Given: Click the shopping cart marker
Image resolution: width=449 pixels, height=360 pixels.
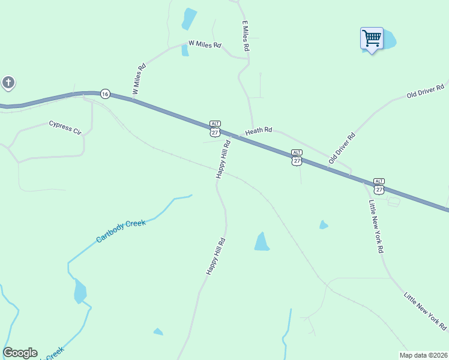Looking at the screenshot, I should point(372,39).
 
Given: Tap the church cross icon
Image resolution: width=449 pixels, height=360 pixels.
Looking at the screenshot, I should point(8,82).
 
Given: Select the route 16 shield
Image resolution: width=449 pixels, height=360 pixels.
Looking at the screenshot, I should point(105,94).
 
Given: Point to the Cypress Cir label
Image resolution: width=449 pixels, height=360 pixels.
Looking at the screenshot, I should point(65,127).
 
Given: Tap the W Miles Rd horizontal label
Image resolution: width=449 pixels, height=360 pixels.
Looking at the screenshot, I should point(205,44).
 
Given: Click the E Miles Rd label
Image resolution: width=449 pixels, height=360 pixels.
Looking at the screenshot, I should point(246,35).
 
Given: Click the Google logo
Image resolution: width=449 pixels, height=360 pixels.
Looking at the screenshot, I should point(20,353).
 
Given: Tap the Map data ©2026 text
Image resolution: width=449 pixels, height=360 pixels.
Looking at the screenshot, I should point(423,355).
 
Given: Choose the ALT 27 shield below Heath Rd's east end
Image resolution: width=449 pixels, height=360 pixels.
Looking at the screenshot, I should point(297,157).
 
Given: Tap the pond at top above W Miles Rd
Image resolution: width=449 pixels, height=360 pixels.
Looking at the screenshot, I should point(189,19).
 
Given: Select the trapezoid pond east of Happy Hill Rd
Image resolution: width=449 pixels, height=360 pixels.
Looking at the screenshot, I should point(262,241).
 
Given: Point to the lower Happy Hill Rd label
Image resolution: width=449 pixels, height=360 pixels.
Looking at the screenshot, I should point(215,256).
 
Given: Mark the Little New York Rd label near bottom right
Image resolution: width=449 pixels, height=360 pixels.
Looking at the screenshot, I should point(425,311).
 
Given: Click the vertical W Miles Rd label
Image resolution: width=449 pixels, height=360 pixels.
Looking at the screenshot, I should point(138,80).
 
